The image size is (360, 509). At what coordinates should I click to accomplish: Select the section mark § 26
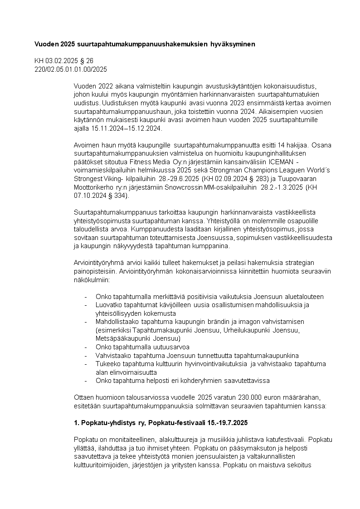(88, 61)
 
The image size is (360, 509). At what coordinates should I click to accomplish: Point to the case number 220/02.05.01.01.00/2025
(71, 69)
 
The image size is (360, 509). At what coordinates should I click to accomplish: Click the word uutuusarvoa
(156, 347)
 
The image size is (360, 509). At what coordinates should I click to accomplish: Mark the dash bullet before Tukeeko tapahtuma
(86, 364)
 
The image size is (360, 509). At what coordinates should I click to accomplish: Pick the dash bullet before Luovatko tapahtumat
(86, 305)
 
